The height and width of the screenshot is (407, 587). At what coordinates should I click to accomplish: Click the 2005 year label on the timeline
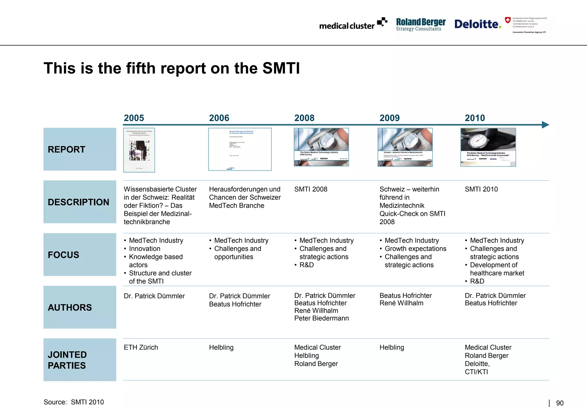coord(134,118)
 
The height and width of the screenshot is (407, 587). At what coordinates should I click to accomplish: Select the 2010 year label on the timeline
coord(475,118)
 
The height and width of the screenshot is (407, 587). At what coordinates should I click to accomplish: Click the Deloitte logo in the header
coord(478,24)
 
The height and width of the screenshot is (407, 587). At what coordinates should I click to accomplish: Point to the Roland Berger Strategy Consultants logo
coord(420,24)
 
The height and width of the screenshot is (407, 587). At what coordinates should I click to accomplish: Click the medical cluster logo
coord(353,25)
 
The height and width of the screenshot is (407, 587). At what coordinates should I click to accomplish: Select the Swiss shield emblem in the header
coord(508,20)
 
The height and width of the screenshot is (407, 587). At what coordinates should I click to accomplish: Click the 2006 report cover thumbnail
coord(240,149)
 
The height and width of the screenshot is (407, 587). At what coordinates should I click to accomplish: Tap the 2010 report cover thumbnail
coord(488,147)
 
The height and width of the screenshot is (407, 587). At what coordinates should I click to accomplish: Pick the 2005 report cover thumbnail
coord(139,150)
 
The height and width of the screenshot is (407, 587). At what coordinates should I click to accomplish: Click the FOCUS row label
coord(63,255)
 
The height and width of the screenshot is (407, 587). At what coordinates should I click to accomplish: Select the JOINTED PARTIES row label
coord(67,360)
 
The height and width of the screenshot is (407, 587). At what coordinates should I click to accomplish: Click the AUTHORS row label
coord(70,307)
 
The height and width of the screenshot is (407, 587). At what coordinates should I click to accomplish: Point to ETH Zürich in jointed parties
coord(141,347)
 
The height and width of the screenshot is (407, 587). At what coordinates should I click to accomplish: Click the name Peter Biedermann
coord(321,318)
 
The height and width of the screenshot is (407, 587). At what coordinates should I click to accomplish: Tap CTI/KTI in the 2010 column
coord(476,372)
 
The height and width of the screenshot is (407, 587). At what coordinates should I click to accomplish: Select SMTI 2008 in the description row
coord(311,189)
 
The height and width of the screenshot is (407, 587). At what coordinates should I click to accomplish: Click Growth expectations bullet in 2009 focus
coord(415,249)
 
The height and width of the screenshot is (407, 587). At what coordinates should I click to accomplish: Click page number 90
coord(559,403)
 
